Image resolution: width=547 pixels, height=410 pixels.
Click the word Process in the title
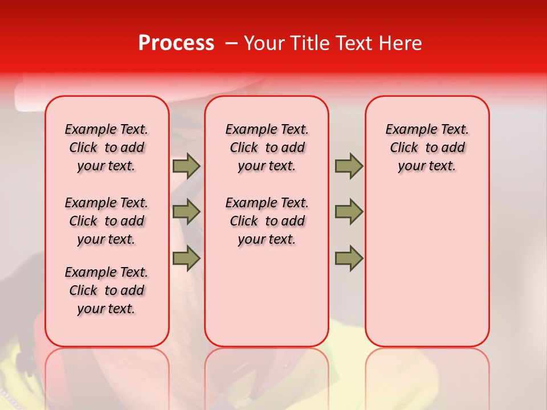point(176,43)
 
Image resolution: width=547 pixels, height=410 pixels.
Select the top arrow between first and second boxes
point(186,166)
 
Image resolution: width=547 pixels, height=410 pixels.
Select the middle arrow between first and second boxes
point(186,212)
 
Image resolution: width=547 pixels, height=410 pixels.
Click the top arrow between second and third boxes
point(349,166)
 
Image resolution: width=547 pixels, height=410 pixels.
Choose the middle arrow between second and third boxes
point(349,212)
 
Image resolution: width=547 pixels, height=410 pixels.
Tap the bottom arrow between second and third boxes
point(349,259)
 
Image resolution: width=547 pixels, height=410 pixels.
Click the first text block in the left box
point(107,147)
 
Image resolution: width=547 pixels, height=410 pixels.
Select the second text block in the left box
point(107,221)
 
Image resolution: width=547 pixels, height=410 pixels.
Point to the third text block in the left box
point(107,290)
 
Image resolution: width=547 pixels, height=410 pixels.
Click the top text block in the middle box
point(267,147)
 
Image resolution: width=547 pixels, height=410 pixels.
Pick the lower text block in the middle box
point(267,221)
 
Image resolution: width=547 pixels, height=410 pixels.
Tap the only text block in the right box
point(427,147)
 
